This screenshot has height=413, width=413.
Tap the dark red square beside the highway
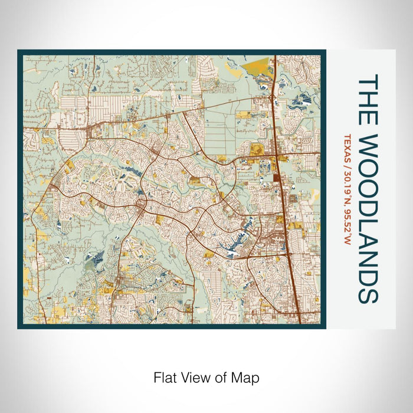coord(277,177)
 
